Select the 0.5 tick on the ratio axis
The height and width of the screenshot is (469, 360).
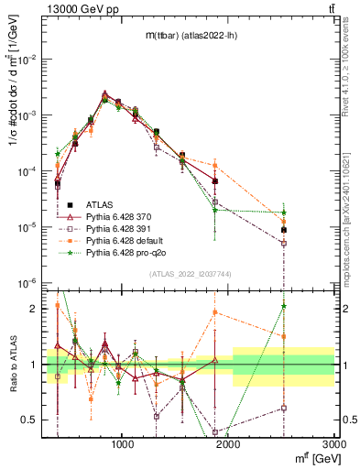pos(29,420)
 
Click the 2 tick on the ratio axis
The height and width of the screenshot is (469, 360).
pos(33,309)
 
